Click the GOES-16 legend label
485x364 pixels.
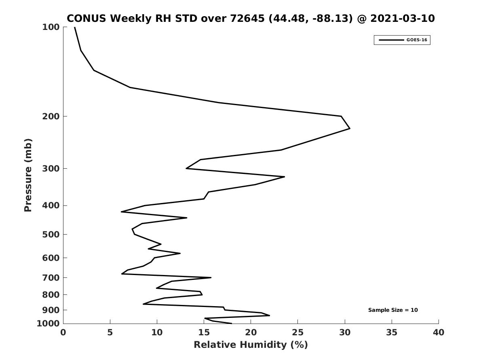click(417, 40)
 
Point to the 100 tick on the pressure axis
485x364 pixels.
click(51, 27)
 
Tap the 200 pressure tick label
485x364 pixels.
click(51, 116)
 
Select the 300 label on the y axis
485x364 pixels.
click(51, 169)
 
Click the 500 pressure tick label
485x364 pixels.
click(51, 235)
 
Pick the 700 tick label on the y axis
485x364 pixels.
click(51, 278)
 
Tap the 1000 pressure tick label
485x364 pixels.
click(48, 324)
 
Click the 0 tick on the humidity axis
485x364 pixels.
click(63, 332)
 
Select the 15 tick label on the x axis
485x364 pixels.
click(204, 332)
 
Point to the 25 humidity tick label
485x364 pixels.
click(298, 332)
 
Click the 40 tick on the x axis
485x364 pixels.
click(439, 332)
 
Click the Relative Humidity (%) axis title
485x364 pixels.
click(251, 345)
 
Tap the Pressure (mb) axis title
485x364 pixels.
click(28, 175)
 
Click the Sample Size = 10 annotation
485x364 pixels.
click(393, 310)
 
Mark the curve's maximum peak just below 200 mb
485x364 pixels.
click(350, 129)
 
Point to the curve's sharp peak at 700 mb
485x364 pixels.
click(211, 277)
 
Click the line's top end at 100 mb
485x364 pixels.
click(75, 28)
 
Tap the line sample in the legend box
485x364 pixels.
click(391, 40)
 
